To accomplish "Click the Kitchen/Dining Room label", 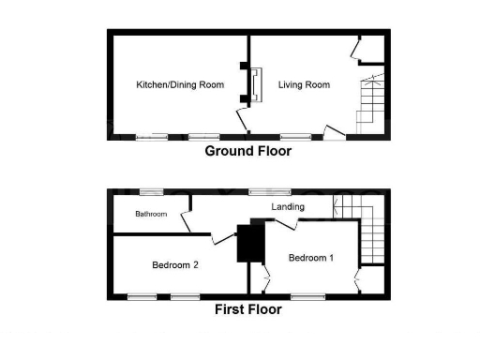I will pos(180,84).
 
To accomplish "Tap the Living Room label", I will pos(304,84).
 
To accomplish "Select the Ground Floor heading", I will pos(247,151).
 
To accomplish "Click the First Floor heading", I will pos(247,310).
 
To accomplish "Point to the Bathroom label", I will pos(150,214).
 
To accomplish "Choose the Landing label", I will pos(288,206).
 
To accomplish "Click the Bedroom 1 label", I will pos(310,257).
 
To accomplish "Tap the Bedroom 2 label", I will pos(175,265).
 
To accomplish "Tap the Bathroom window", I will pos(151,191).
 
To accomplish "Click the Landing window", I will pos(269,191).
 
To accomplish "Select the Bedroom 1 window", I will pos(307,296).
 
